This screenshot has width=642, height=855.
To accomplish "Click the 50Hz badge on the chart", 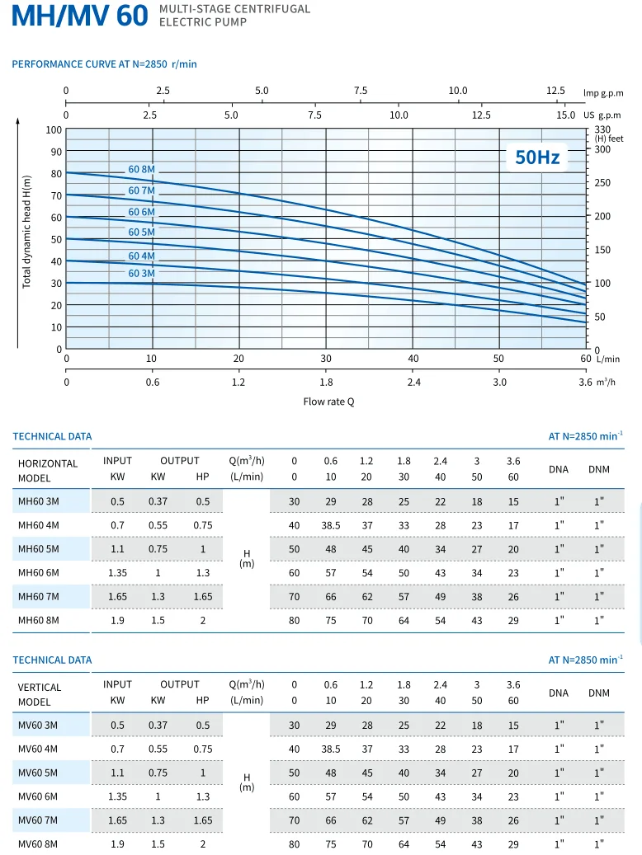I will [x=537, y=157].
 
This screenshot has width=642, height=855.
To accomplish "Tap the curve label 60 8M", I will [x=141, y=170].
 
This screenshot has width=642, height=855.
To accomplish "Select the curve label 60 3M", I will [x=141, y=273].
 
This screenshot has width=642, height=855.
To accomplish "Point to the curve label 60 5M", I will [x=141, y=232].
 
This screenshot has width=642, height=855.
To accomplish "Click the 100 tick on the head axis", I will [x=54, y=129].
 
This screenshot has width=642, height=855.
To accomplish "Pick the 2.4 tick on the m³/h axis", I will [x=413, y=383].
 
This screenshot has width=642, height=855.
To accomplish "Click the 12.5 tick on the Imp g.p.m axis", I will [x=555, y=91].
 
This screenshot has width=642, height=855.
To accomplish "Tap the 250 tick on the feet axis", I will [x=603, y=183].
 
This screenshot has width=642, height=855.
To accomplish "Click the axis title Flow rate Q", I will [x=328, y=402].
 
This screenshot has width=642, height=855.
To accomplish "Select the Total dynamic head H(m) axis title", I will [x=26, y=232].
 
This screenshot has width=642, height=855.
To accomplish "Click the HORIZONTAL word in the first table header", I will [x=48, y=463].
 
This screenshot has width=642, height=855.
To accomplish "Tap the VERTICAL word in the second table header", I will [x=40, y=687].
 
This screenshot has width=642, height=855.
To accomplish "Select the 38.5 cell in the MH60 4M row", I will [x=331, y=525].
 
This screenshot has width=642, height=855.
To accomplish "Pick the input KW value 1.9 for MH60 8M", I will [x=117, y=621].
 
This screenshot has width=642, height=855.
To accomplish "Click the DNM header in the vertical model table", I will [x=599, y=693].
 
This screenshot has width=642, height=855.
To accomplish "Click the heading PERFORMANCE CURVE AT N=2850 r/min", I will [x=104, y=64].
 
